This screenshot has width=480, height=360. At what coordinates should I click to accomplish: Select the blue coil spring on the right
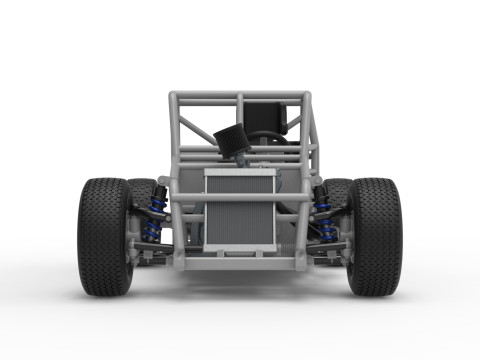click(325, 221)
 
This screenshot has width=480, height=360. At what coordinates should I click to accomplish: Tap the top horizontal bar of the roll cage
click(240, 97)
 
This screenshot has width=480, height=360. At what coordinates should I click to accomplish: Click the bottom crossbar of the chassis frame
click(239, 264)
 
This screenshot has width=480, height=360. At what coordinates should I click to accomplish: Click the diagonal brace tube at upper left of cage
click(190, 125)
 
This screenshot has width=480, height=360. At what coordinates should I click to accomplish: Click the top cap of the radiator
click(239, 173)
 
